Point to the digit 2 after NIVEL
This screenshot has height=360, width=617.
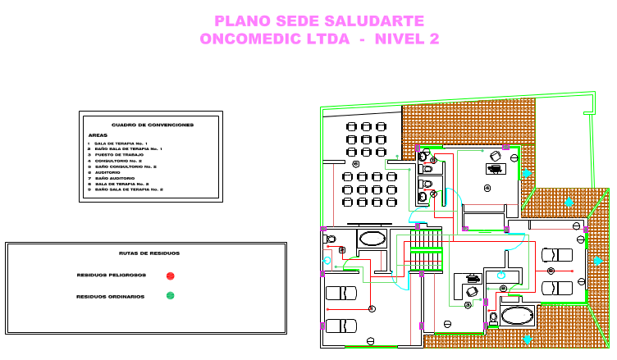coord(432,39)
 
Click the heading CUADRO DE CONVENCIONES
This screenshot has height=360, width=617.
coord(153,125)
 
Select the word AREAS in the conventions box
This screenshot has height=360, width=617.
coord(98,135)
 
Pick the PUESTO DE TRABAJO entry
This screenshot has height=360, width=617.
coord(119,155)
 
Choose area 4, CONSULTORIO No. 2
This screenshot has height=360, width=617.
coord(118,161)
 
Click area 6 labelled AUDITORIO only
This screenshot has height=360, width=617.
coord(107,172)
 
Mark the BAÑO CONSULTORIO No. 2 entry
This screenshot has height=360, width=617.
coord(125,166)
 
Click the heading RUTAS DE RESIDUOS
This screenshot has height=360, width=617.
coord(149,253)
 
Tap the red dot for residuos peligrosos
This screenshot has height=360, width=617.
coord(170,276)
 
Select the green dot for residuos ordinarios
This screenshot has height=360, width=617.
coord(170,296)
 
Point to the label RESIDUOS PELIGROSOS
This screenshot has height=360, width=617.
coord(111,276)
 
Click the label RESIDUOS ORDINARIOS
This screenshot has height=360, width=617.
coord(111,296)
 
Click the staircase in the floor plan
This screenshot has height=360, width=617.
coord(426,251)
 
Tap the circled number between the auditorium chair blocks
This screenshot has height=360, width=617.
coord(356,164)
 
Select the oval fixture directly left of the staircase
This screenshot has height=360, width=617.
coord(372,239)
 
